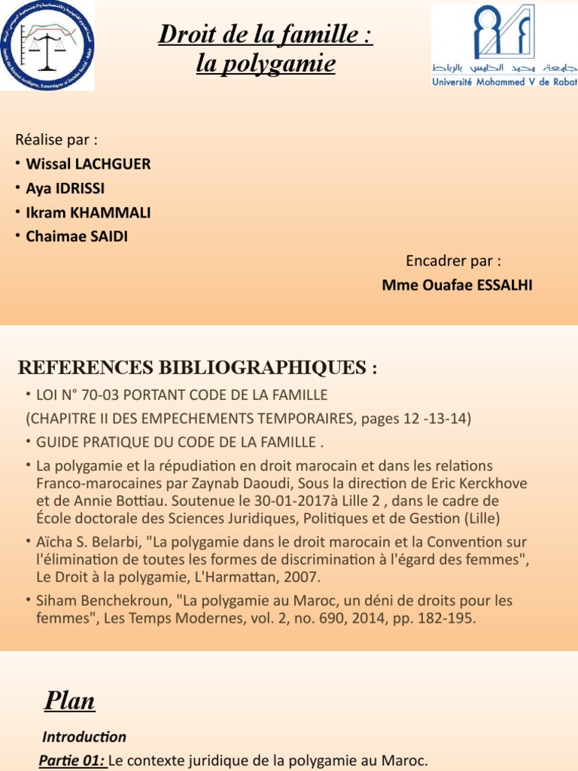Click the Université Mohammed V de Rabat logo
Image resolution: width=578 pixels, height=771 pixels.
tap(503, 44)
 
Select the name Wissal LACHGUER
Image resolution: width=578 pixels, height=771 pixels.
tap(88, 164)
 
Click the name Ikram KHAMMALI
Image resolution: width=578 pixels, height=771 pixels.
tap(88, 212)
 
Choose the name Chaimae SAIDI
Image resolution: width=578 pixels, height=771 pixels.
tap(78, 236)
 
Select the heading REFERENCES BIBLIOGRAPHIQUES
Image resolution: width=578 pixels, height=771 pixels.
tap(196, 368)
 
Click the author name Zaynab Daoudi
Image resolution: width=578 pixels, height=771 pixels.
tap(355, 483)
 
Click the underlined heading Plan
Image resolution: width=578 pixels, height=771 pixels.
tap(69, 701)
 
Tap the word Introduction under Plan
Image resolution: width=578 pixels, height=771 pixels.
tap(84, 737)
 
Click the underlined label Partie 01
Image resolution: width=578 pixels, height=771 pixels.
tap(72, 761)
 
